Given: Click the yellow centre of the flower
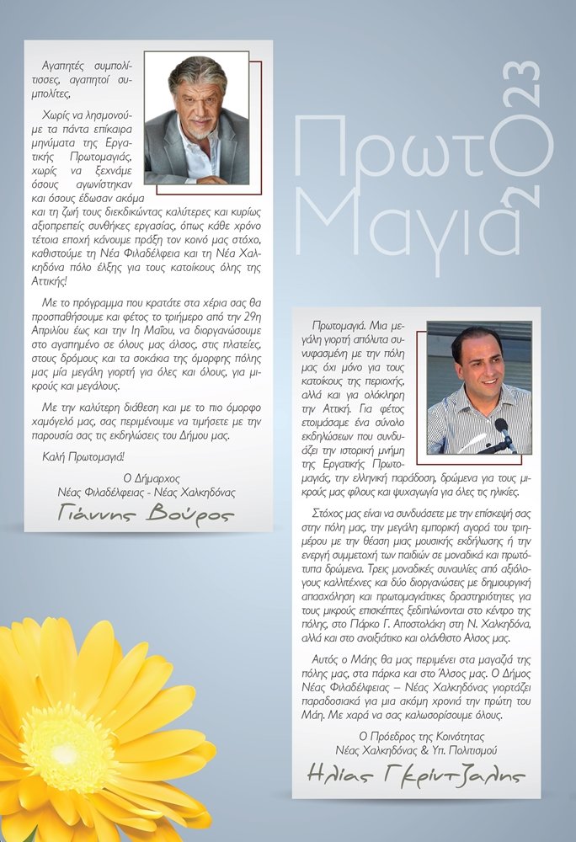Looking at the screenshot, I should (68, 747).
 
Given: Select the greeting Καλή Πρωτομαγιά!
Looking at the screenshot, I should (83, 457).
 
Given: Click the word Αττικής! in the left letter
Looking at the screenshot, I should (61, 280).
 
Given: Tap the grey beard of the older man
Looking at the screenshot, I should (200, 130).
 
